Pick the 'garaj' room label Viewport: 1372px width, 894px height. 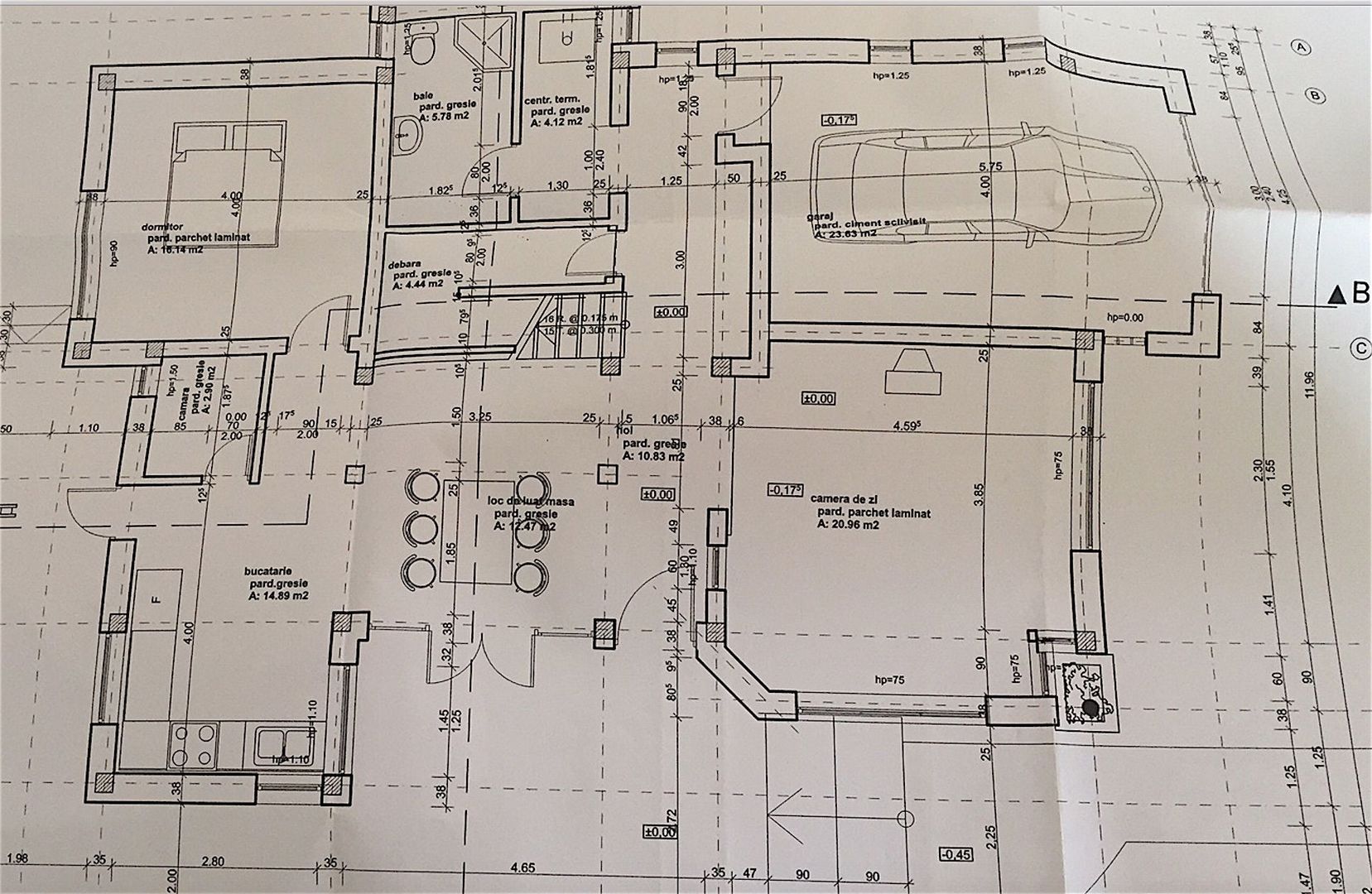coord(819,217)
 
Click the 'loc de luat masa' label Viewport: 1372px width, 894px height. coord(531,502)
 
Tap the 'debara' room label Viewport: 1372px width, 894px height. coord(405,266)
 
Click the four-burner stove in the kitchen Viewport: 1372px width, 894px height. coord(195,745)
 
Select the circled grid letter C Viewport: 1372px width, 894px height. coord(1360,348)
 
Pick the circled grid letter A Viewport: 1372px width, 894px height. coord(1302,48)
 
